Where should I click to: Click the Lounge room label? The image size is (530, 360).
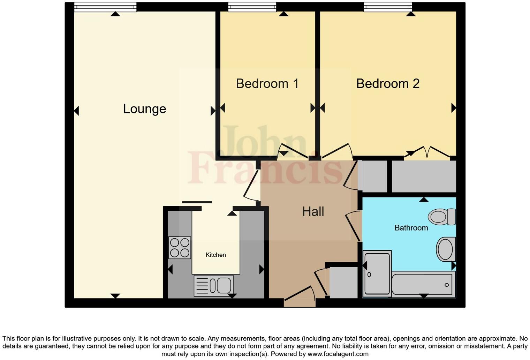(x=144, y=109)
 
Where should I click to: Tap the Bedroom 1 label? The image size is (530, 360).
(x=267, y=84)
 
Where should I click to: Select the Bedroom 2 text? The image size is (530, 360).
(x=388, y=84)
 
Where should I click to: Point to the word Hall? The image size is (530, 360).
(x=313, y=211)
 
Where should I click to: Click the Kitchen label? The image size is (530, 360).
(x=215, y=255)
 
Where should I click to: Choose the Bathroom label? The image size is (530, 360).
(x=411, y=228)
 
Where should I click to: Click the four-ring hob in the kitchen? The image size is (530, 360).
(x=180, y=247)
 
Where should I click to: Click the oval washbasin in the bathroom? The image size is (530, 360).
(x=445, y=249)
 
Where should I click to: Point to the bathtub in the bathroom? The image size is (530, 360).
(x=423, y=284)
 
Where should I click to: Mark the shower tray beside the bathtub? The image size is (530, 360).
(x=377, y=274)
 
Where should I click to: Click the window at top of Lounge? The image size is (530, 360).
(x=105, y=7)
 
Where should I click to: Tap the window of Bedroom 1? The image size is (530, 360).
(x=252, y=7)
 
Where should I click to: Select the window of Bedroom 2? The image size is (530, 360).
(x=388, y=7)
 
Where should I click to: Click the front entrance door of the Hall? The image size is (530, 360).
(x=299, y=295)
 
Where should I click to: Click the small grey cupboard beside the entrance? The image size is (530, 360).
(x=343, y=283)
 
